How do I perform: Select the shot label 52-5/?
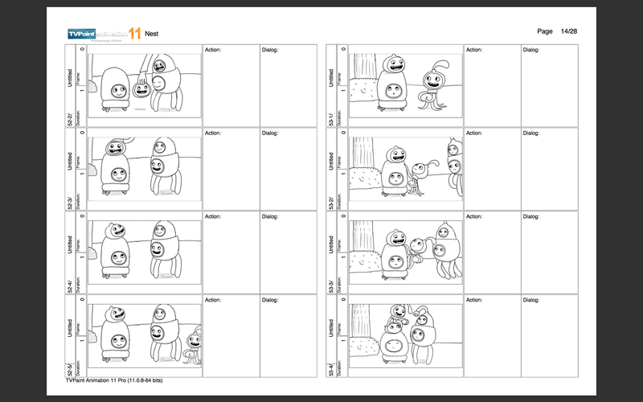click(71, 369)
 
